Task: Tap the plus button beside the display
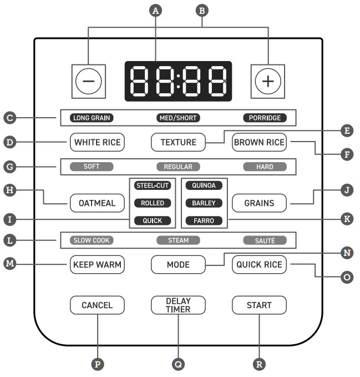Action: coord(268,82)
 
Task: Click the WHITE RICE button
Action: coord(97,142)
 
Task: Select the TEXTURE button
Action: coord(178,142)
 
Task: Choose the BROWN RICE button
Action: coord(259,142)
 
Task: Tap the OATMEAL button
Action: coord(97,203)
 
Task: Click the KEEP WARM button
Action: coord(97,264)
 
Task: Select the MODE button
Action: coord(178,264)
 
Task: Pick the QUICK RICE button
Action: coord(259,264)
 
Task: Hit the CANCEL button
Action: coord(97,305)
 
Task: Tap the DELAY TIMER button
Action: coord(178,305)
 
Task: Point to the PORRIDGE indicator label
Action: coord(265,118)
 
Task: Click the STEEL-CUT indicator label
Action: coord(152,185)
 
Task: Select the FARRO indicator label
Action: coord(204,220)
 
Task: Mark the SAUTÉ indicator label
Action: coord(265,240)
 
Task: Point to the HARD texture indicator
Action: coord(265,167)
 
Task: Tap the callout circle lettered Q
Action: coord(178,364)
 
